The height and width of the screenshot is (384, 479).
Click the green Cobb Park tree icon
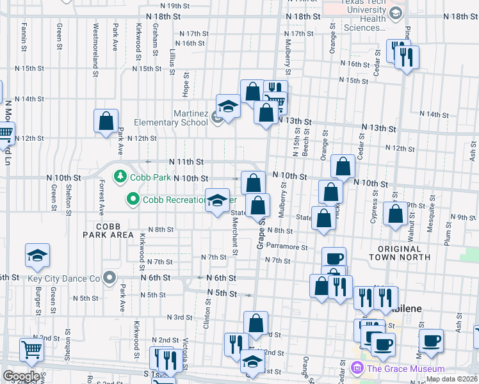pyautogui.click(x=119, y=175)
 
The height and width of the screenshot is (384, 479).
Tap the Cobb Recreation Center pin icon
pyautogui.click(x=133, y=200)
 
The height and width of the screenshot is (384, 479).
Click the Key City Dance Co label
pyautogui.click(x=64, y=278)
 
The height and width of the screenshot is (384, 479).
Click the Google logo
pyautogui.click(x=21, y=376)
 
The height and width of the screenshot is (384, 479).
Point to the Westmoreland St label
pyautogui.click(x=96, y=38)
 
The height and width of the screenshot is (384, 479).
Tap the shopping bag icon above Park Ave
pyautogui.click(x=106, y=121)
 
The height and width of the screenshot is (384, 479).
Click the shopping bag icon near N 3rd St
pyautogui.click(x=256, y=323)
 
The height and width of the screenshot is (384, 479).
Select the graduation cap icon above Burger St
pyautogui.click(x=38, y=255)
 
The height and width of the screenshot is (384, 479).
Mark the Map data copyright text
pyautogui.click(x=452, y=379)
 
